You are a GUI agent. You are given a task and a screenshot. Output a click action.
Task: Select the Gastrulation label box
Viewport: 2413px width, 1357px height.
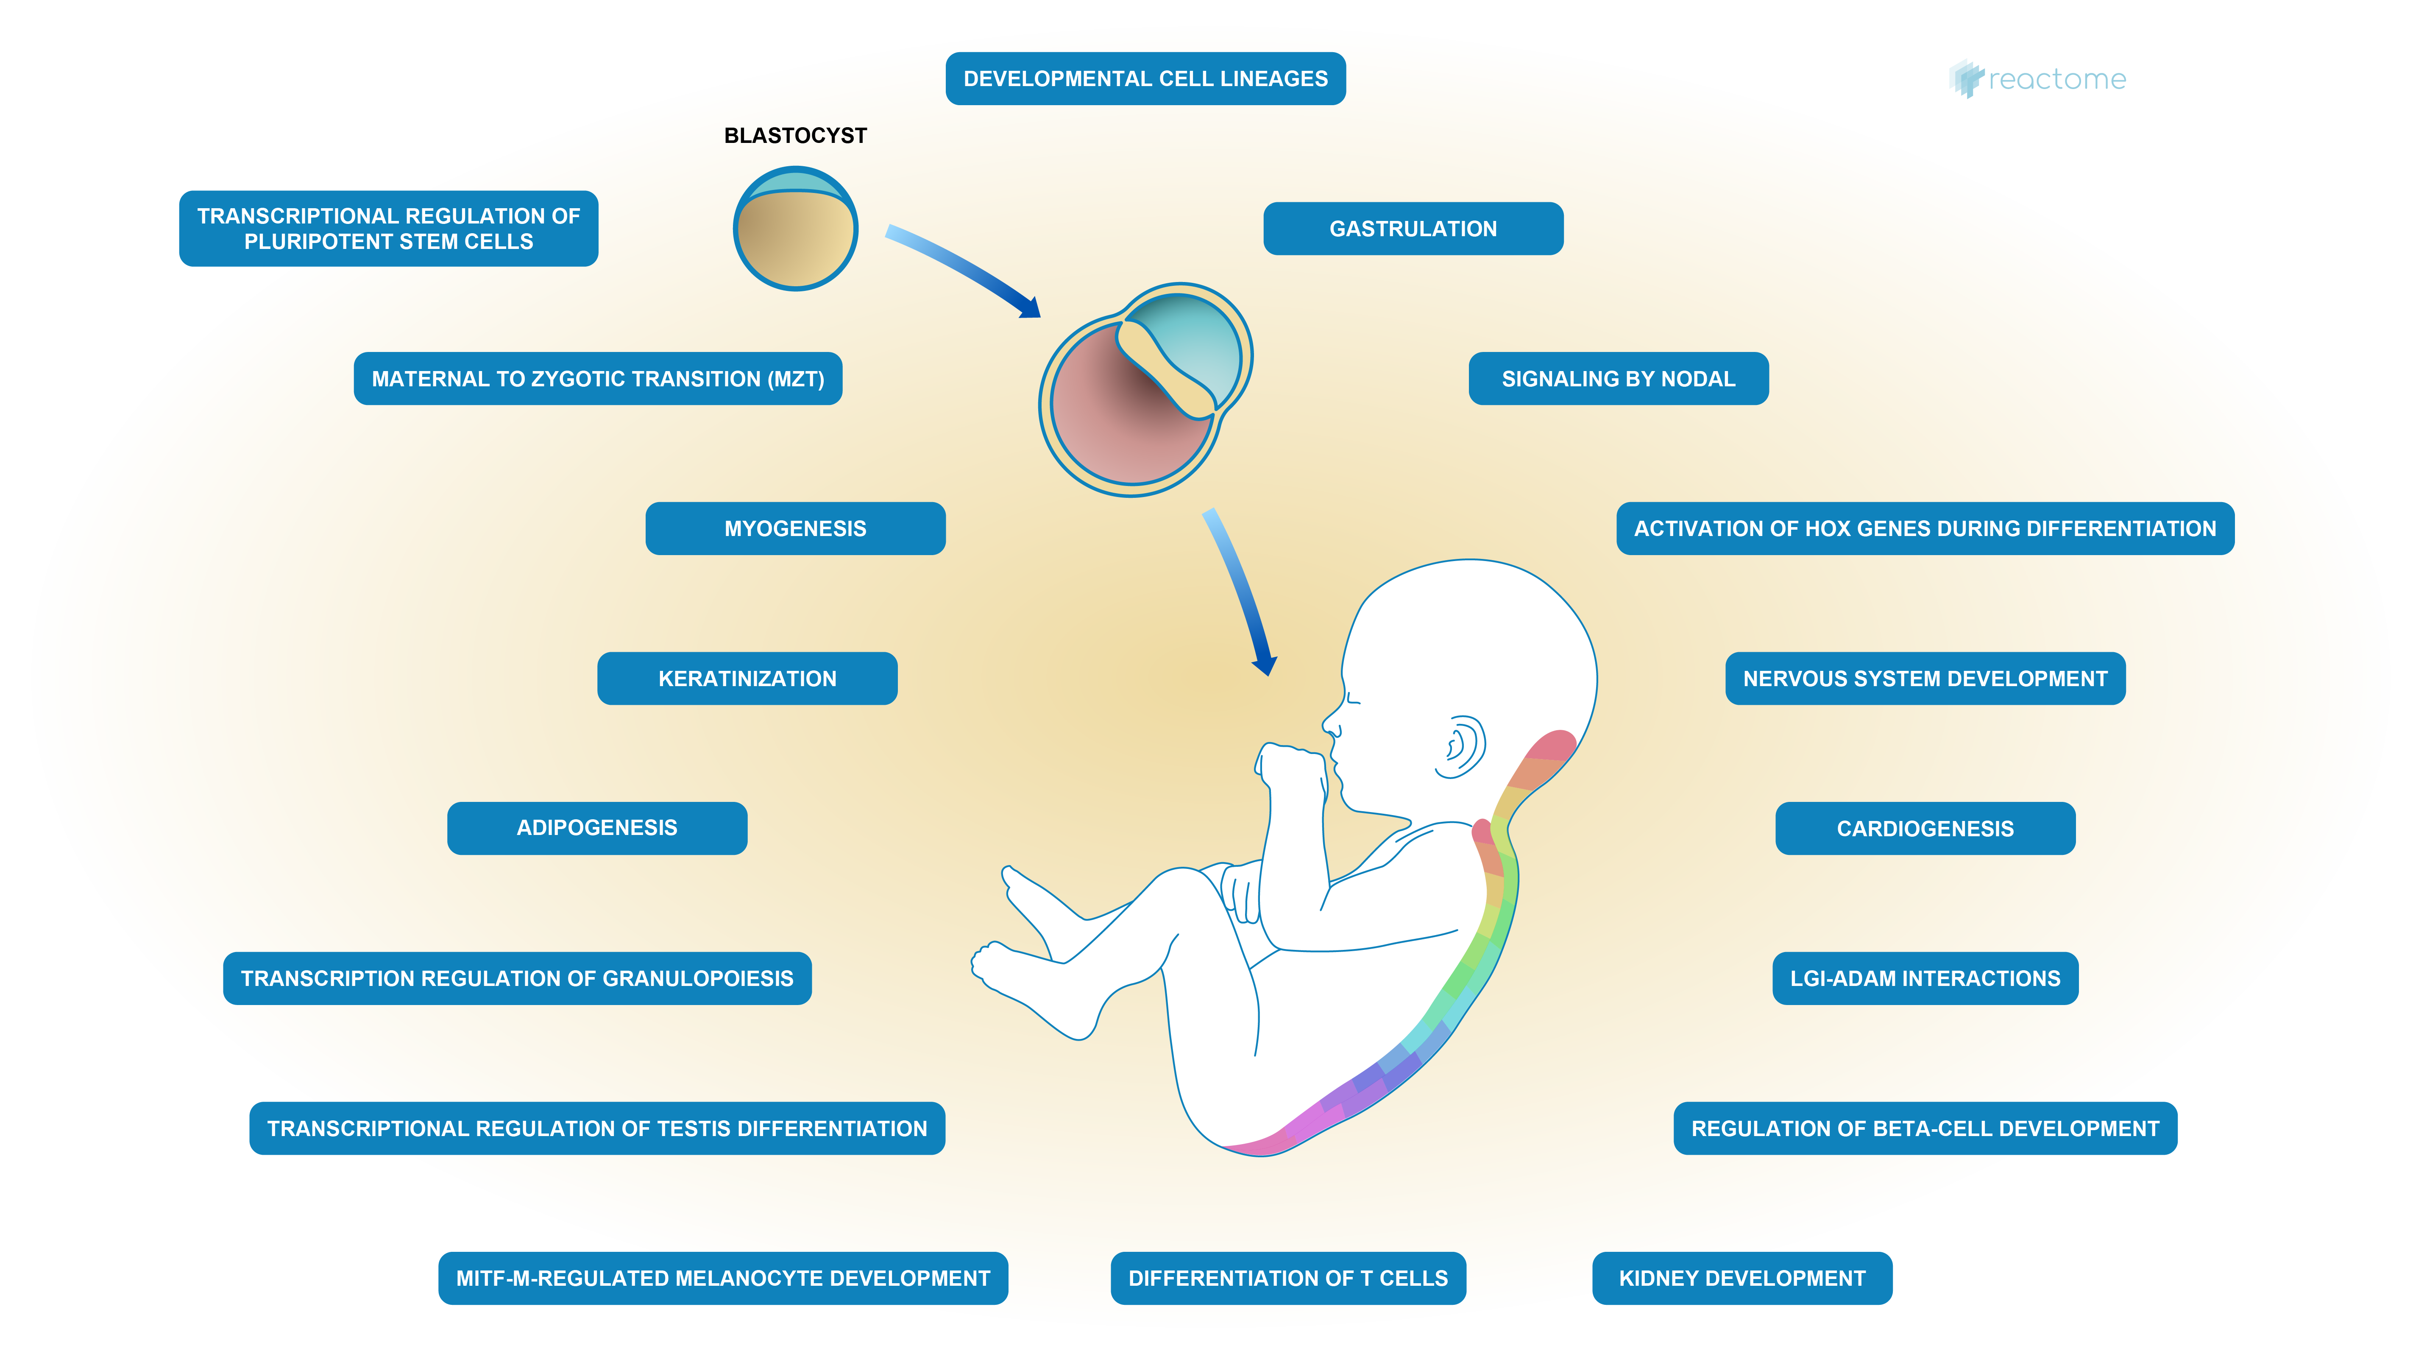tap(1413, 229)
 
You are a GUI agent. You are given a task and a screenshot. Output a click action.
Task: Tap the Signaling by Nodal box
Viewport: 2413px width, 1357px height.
tap(1618, 379)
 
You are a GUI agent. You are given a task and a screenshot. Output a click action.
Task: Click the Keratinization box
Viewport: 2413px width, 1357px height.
tap(747, 678)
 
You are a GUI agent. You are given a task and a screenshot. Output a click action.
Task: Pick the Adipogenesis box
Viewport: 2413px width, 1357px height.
tap(597, 829)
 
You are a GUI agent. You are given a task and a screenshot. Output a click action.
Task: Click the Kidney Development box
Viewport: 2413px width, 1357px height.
tap(1741, 1278)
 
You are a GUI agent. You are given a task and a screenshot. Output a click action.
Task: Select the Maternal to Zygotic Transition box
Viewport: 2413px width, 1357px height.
tap(598, 379)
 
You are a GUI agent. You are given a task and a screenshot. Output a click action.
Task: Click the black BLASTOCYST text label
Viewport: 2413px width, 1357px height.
tap(795, 136)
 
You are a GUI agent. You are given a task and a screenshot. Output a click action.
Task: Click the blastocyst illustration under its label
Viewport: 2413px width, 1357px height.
tap(795, 229)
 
